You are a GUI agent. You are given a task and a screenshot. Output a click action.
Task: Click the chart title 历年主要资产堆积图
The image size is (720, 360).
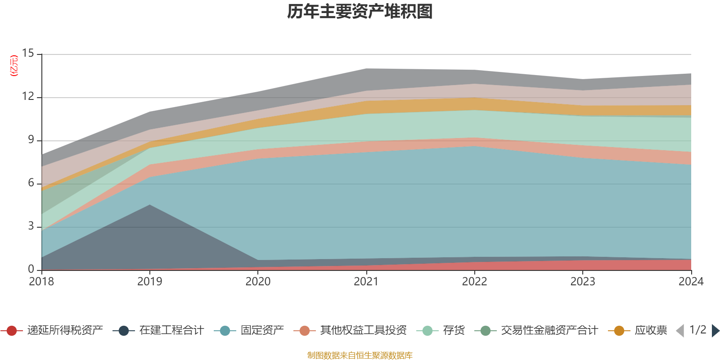click(360, 12)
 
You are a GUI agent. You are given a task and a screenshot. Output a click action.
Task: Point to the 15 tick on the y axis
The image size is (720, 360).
click(28, 54)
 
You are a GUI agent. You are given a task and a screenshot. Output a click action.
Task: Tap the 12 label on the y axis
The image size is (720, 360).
click(28, 97)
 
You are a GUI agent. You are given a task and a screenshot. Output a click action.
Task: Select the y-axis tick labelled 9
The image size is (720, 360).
click(31, 140)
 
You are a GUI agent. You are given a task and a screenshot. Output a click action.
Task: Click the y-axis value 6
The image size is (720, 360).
click(31, 183)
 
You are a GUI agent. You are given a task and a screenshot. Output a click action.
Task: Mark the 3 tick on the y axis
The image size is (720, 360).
click(31, 226)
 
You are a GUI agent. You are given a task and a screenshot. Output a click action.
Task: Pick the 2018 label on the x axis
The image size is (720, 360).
click(41, 282)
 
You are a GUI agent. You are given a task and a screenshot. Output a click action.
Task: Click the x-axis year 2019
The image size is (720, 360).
click(149, 282)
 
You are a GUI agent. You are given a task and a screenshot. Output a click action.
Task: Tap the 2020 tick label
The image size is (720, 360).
click(258, 282)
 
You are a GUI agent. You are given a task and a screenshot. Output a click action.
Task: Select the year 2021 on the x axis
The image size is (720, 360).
click(366, 282)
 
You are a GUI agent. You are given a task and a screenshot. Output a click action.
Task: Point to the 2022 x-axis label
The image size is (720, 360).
click(474, 282)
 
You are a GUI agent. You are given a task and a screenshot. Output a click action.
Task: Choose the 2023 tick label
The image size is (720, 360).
click(583, 282)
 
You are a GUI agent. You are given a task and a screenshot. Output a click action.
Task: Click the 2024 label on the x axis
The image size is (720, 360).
click(691, 282)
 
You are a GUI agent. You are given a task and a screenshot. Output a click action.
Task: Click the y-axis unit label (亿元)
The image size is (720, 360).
click(14, 66)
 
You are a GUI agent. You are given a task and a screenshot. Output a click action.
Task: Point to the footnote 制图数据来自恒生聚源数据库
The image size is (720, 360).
click(360, 355)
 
